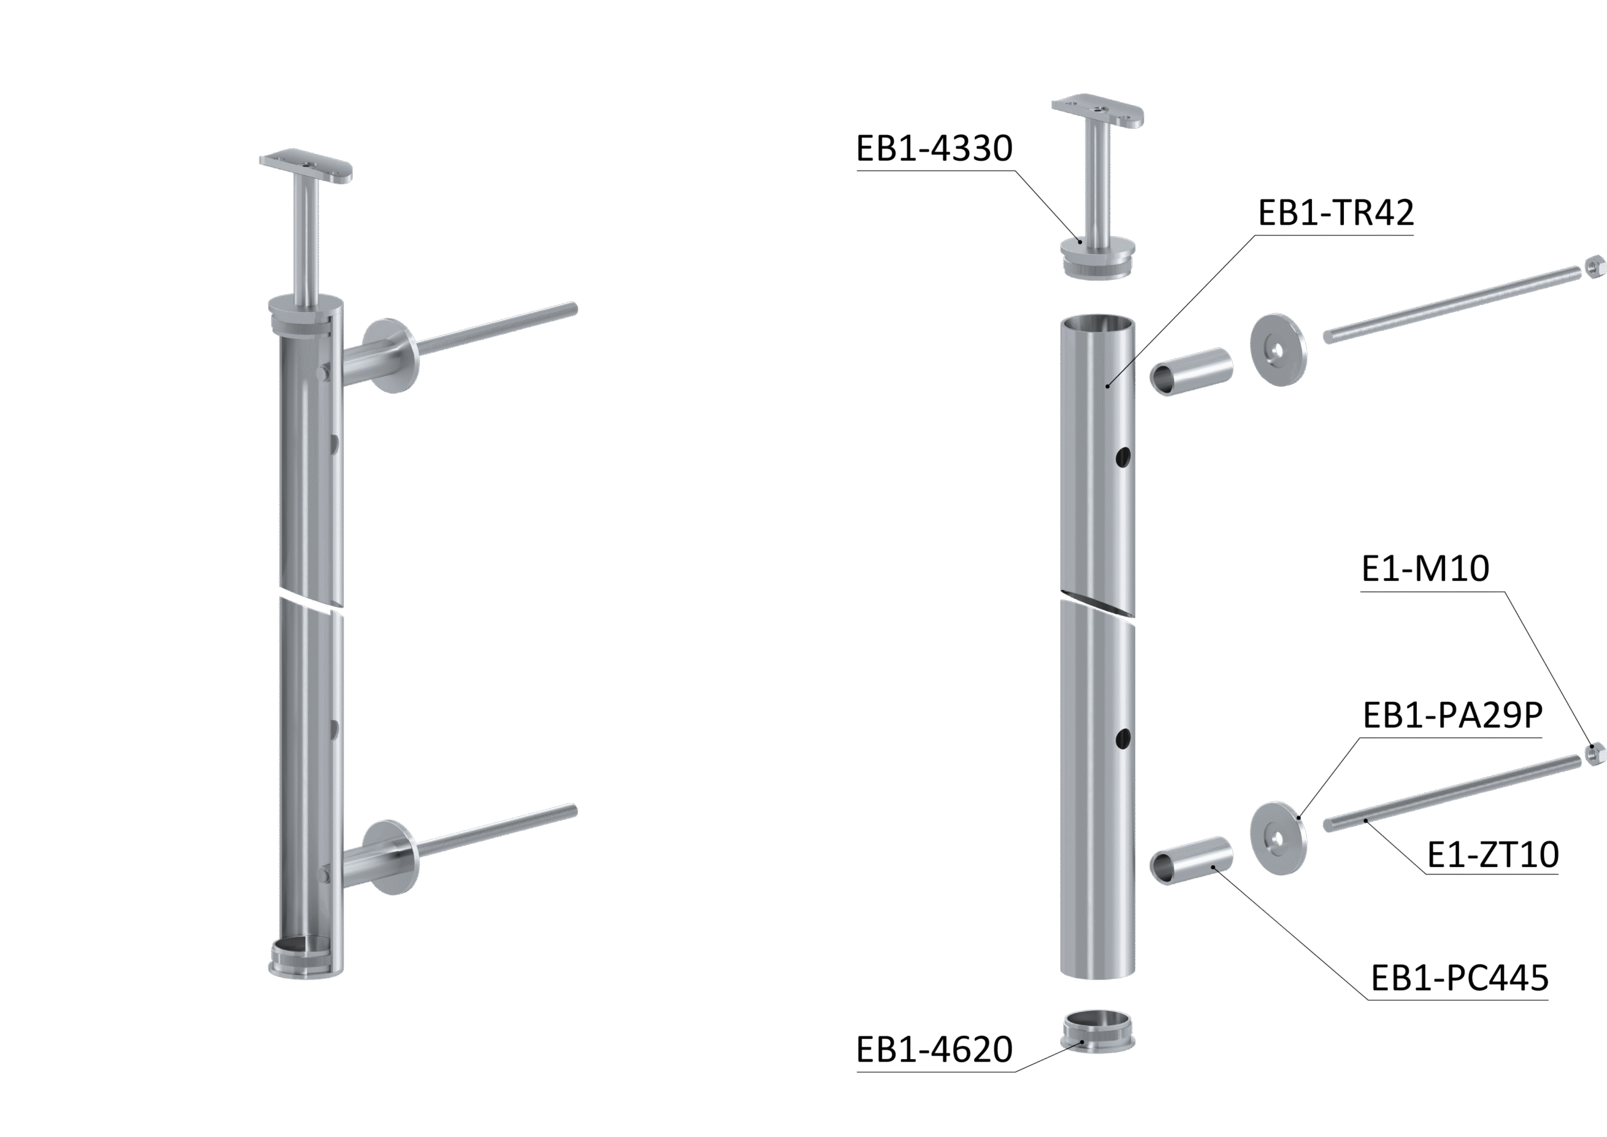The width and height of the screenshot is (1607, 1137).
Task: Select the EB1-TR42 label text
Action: [x=1335, y=213]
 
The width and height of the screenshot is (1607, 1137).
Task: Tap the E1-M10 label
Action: [x=1425, y=569]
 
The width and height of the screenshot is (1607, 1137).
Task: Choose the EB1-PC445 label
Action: [x=1459, y=978]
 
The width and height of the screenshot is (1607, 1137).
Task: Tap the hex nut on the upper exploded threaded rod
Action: [x=1594, y=267]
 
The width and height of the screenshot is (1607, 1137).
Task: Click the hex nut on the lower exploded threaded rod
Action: [x=1594, y=754]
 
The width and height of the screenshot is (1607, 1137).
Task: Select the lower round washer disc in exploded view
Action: [x=1278, y=838]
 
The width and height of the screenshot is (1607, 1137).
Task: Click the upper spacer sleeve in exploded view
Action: [x=1191, y=371]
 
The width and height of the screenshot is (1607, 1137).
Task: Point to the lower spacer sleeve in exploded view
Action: [x=1191, y=861]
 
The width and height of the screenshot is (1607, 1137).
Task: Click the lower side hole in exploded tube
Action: [x=1122, y=738]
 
